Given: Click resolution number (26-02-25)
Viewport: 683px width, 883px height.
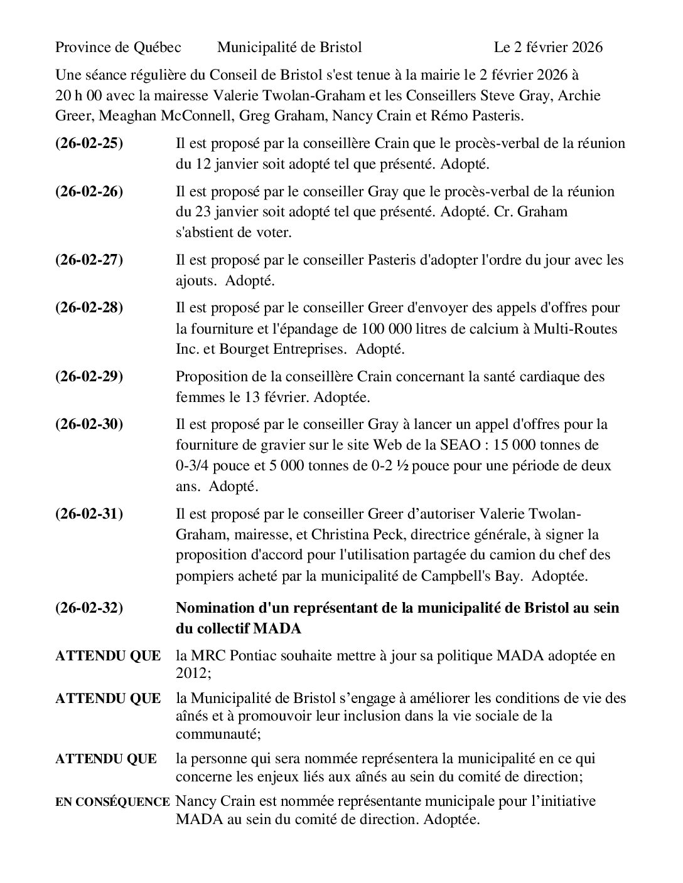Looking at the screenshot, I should pyautogui.click(x=89, y=144).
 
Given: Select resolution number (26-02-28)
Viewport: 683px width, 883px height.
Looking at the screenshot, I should pyautogui.click(x=89, y=308).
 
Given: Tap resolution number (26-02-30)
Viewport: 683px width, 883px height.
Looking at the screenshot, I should pyautogui.click(x=89, y=425).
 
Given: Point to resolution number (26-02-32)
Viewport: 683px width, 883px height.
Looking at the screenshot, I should pyautogui.click(x=89, y=608).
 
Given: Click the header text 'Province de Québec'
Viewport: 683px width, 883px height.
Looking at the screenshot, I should pyautogui.click(x=118, y=48).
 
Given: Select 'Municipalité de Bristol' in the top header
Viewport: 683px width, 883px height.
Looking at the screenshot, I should pyautogui.click(x=289, y=48).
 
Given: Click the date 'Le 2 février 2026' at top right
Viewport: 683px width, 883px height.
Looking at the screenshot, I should pyautogui.click(x=548, y=48).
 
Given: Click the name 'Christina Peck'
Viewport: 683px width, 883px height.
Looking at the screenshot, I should pyautogui.click(x=395, y=535).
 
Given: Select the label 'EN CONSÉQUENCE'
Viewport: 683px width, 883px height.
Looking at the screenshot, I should pyautogui.click(x=112, y=802).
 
